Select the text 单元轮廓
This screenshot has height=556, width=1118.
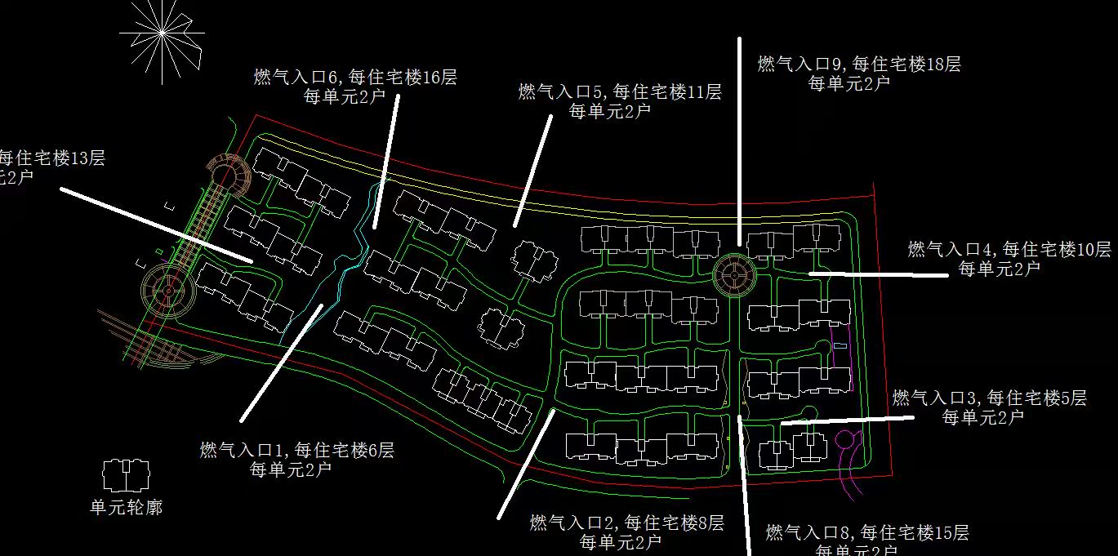pos(126,508)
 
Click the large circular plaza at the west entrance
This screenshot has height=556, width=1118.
pos(167,290)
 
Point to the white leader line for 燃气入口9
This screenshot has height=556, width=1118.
pos(739,139)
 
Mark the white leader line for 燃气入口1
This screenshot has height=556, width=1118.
pos(282,363)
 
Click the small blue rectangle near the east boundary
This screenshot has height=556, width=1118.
pos(840,346)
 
